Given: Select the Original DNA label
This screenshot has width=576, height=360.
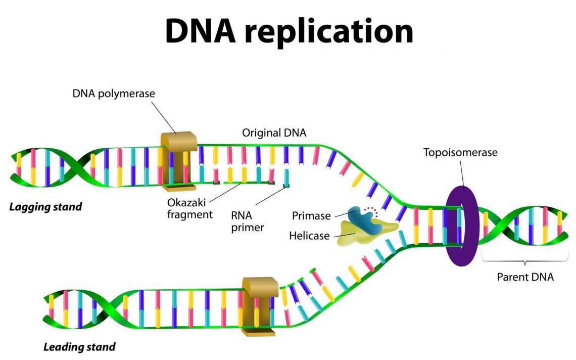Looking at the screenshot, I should [x=274, y=133].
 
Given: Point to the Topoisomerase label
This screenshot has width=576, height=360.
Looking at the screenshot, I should [x=460, y=152].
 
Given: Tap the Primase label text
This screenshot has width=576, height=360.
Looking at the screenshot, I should [x=311, y=216].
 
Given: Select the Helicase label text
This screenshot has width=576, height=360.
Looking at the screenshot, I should [x=309, y=236].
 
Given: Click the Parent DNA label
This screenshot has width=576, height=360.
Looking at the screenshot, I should [x=525, y=277].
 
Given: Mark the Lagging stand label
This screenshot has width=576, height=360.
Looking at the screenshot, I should [x=45, y=207].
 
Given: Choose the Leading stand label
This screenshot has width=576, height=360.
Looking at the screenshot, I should [x=79, y=347].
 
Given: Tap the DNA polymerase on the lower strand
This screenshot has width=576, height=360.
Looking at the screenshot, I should [x=259, y=306].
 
